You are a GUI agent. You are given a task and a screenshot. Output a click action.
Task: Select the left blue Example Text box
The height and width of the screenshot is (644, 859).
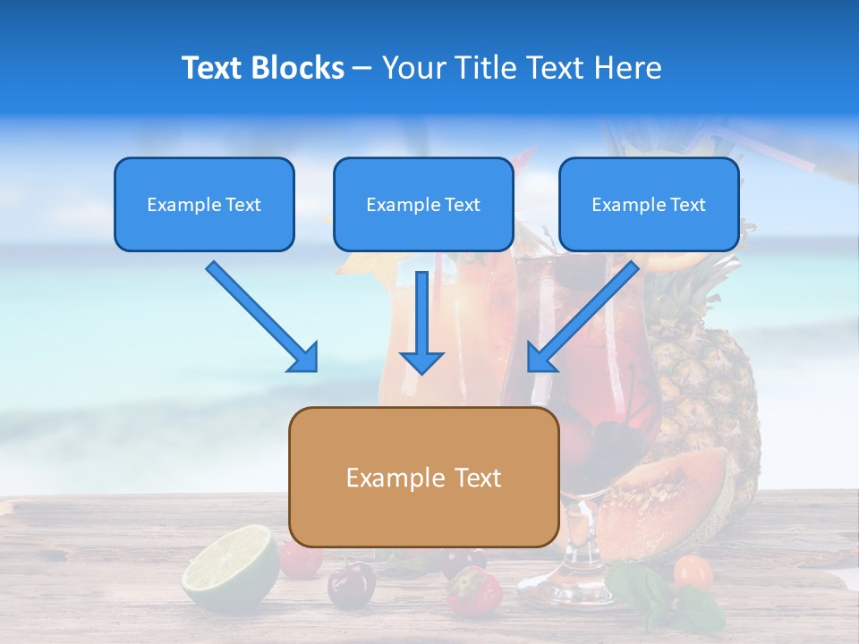(x=204, y=204)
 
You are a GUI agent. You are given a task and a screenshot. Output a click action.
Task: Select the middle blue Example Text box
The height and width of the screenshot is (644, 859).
(x=423, y=204)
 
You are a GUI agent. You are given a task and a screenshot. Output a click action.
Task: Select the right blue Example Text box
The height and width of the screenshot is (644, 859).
(x=649, y=204)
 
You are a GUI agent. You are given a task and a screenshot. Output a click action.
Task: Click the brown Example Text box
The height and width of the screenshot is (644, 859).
(x=423, y=477)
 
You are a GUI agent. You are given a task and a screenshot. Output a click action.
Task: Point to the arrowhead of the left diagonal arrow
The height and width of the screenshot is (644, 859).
(x=304, y=358)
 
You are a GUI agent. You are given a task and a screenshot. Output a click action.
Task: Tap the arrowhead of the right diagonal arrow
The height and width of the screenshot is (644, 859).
(x=540, y=358)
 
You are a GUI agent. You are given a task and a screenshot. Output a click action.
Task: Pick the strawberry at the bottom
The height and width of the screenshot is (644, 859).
(x=473, y=591)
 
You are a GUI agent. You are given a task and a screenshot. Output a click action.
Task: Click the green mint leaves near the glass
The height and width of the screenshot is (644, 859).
(x=658, y=595)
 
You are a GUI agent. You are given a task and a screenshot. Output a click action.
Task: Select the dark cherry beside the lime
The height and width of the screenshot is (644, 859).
(x=351, y=585)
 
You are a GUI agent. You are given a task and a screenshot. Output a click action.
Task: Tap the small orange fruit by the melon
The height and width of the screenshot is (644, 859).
(x=693, y=572)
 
